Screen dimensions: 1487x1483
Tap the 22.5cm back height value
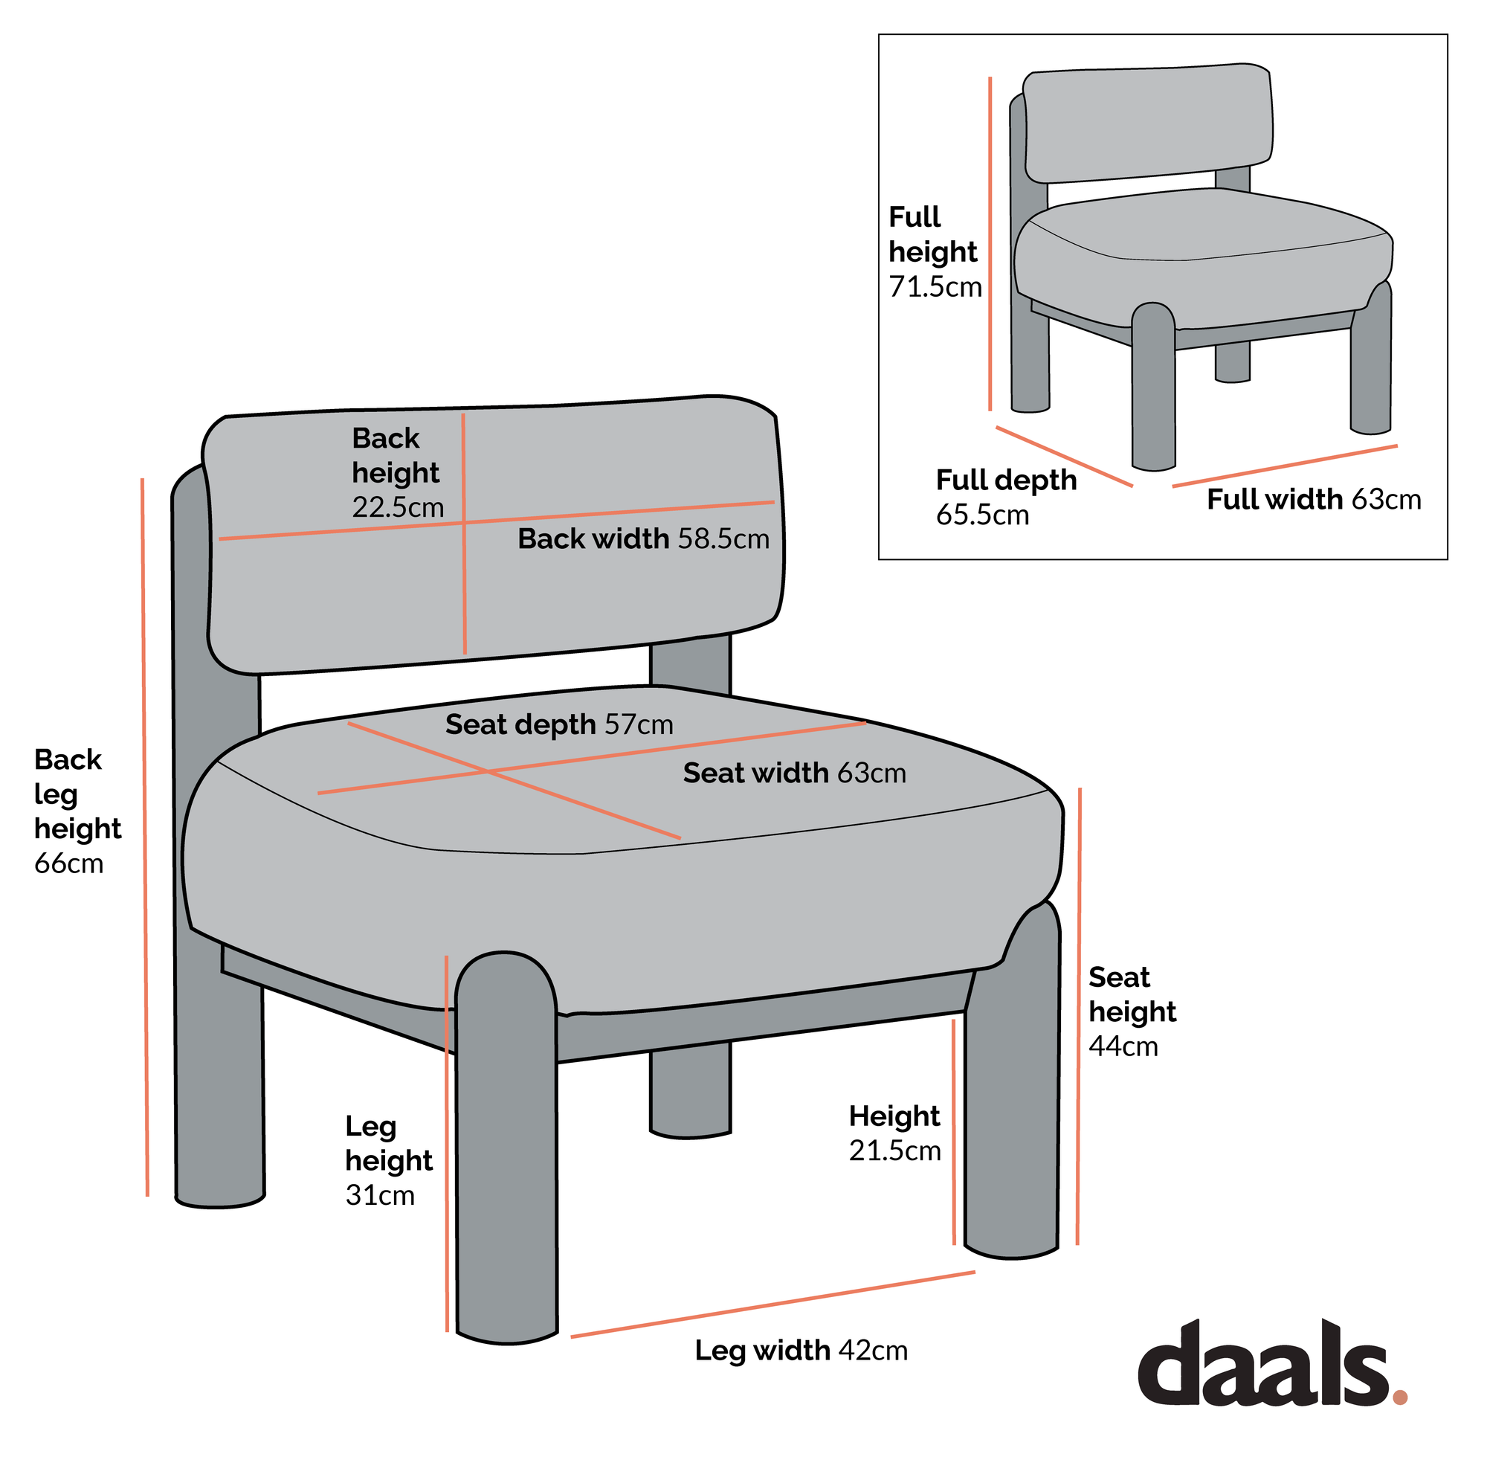(398, 507)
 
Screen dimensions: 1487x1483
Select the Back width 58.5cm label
(642, 539)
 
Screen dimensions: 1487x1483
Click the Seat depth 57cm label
(559, 724)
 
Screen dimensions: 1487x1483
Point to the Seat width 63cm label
(794, 773)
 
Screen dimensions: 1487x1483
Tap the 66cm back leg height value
(68, 864)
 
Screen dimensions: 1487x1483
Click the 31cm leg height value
(379, 1196)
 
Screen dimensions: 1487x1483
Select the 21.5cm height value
(894, 1151)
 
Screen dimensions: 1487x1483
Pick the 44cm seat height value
(1123, 1046)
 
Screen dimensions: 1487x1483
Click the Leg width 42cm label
(801, 1351)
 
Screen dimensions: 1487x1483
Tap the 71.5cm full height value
(935, 287)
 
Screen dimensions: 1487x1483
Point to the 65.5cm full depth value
(982, 515)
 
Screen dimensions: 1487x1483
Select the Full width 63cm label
(1314, 500)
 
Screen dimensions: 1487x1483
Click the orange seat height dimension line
(1078, 1017)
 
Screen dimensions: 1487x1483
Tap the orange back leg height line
(145, 837)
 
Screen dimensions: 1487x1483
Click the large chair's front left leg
(506, 1149)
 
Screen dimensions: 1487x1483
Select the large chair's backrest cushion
(494, 535)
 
